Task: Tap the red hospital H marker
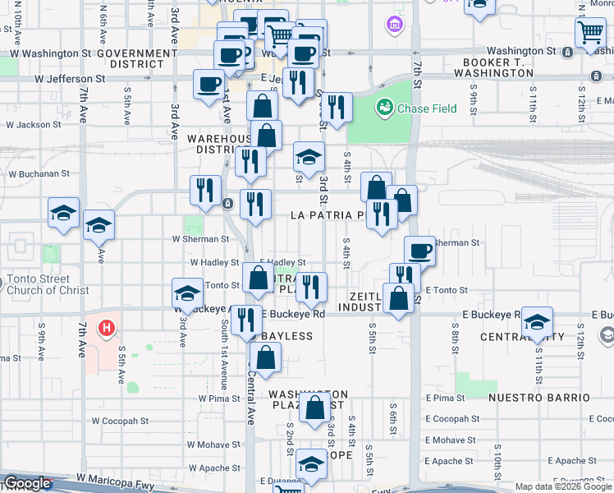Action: pyautogui.click(x=105, y=329)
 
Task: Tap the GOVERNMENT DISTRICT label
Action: pyautogui.click(x=136, y=58)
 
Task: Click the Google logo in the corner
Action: pyautogui.click(x=27, y=483)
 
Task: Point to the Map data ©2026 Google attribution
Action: pyautogui.click(x=563, y=486)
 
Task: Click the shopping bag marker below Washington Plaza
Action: pyautogui.click(x=314, y=408)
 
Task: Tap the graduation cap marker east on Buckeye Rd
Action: pyautogui.click(x=537, y=321)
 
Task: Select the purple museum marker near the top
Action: pyautogui.click(x=394, y=25)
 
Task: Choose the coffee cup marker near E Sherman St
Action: pyautogui.click(x=419, y=250)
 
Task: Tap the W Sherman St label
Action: pyautogui.click(x=199, y=239)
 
